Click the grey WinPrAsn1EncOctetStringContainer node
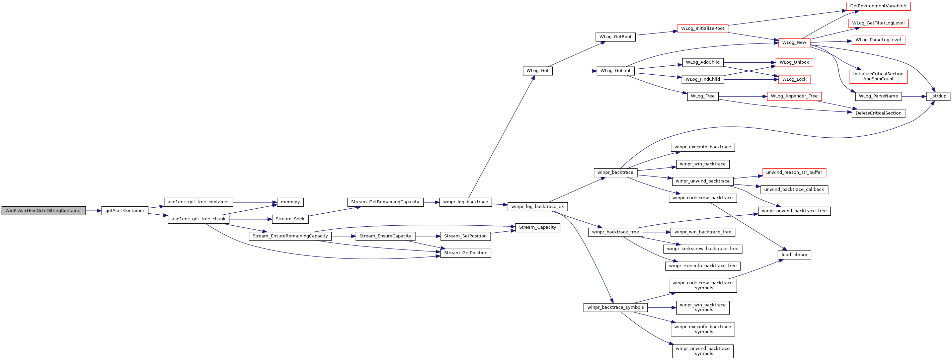pos(44,211)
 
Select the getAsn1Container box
pos(125,211)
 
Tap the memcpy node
pos(290,202)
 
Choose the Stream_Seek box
pos(290,219)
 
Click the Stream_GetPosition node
pos(466,253)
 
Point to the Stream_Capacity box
pos(538,228)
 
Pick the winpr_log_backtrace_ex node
pos(538,207)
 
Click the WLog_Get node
pos(538,71)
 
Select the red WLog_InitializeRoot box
pos(703,28)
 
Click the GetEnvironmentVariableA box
pos(878,6)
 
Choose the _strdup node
pos(938,96)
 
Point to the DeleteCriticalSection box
pos(878,113)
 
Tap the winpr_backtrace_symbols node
pos(616,307)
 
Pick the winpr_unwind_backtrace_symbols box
pos(703,351)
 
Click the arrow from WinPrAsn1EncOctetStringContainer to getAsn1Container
pos(94,211)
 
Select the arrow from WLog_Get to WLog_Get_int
pos(575,71)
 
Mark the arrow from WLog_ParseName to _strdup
pos(914,96)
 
